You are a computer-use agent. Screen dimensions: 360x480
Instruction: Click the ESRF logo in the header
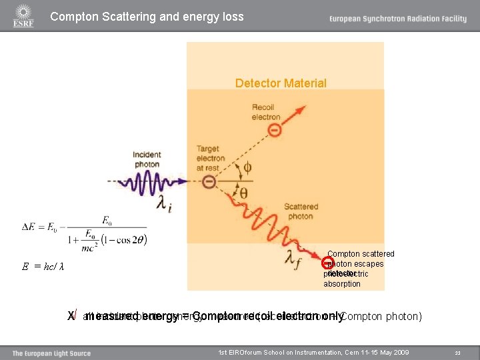pyautogui.click(x=23, y=16)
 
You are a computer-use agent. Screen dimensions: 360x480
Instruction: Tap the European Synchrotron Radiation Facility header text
pyautogui.click(x=397, y=19)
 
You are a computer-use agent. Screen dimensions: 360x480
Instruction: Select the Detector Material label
pyautogui.click(x=281, y=83)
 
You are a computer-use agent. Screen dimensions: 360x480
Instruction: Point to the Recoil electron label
pyautogui.click(x=266, y=112)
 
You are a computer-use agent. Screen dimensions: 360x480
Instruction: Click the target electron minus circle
pyautogui.click(x=209, y=181)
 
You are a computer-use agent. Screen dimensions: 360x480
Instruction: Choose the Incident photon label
pyautogui.click(x=147, y=159)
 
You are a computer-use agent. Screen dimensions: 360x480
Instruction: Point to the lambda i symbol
pyautogui.click(x=163, y=203)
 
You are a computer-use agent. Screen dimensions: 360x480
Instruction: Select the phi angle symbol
pyautogui.click(x=247, y=168)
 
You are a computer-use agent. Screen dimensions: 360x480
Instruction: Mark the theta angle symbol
pyautogui.click(x=244, y=193)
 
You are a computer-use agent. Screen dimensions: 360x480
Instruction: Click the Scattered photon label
pyautogui.click(x=301, y=211)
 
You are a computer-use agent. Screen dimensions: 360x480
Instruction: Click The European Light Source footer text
pyautogui.click(x=51, y=353)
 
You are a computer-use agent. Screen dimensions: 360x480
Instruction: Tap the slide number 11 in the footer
pyautogui.click(x=457, y=353)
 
